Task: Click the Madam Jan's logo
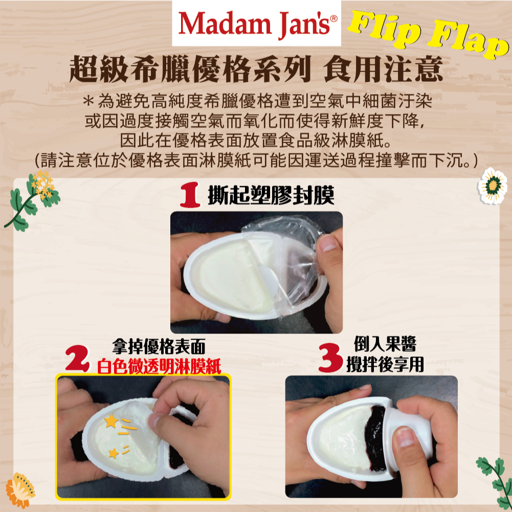pos(257,23)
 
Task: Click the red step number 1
pos(190,195)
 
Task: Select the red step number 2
pos(77,359)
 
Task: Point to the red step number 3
pos(330,358)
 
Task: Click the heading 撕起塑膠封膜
pos(271,195)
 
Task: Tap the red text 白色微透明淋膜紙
pos(159,366)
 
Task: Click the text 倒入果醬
pos(385,344)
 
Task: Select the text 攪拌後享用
pos(385,364)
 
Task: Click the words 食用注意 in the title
pos(383,69)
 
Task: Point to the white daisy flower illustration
pos(493,186)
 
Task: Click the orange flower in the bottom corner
pos(20,490)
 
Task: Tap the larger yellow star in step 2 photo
pos(111,421)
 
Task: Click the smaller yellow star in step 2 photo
pos(114,453)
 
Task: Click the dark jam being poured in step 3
pos(375,438)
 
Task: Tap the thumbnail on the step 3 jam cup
pos(405,437)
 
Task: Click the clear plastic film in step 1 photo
pos(287,258)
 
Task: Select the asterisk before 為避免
pos(88,101)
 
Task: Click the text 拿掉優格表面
pos(159,346)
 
